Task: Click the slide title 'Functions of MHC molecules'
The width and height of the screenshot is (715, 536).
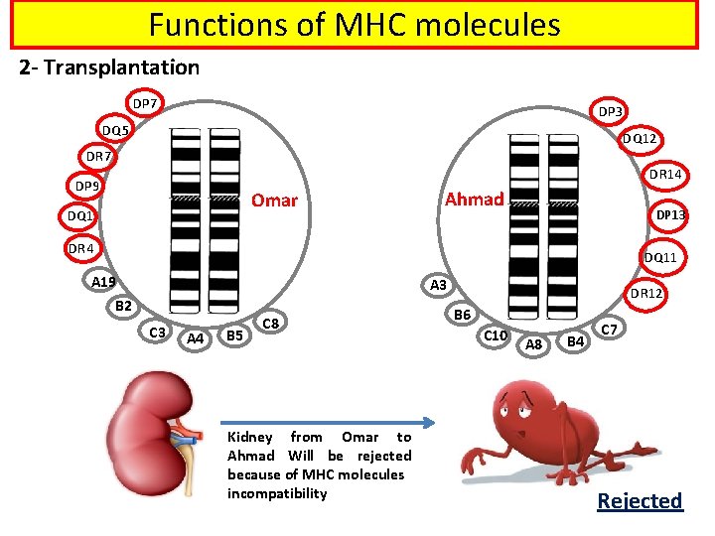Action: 355,24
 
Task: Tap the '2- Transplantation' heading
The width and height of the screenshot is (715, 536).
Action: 109,67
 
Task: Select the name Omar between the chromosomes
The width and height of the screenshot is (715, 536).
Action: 274,200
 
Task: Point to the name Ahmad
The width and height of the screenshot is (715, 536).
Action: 474,199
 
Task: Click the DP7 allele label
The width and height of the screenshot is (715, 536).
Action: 145,103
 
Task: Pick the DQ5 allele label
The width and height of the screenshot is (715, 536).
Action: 112,130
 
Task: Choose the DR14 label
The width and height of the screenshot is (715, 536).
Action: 663,175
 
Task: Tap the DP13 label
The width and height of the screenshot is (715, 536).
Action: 671,214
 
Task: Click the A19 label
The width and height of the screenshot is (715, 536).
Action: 104,282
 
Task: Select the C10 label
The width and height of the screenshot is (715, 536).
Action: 496,335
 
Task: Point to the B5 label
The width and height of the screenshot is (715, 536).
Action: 234,335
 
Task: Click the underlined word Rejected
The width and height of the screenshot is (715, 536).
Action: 640,501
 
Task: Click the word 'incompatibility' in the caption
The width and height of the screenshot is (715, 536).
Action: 276,493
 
